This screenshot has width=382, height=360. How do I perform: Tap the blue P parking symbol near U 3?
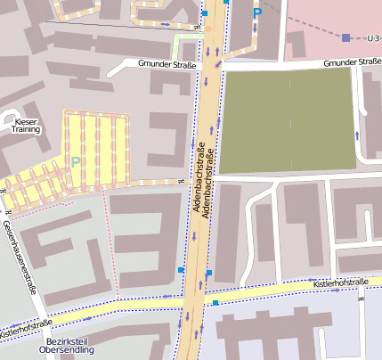(257, 13)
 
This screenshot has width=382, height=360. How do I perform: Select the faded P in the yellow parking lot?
(76, 162)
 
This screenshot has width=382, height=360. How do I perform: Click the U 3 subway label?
(372, 38)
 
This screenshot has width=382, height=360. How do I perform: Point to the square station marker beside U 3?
(346, 37)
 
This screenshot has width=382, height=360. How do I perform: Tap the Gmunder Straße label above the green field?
(352, 62)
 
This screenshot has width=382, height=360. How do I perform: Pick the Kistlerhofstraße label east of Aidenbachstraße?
(341, 283)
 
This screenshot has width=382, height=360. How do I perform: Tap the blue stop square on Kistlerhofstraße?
(215, 303)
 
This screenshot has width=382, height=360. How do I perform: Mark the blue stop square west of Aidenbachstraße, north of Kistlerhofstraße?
(181, 269)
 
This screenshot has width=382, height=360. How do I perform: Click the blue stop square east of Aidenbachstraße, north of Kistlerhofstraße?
(209, 272)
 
